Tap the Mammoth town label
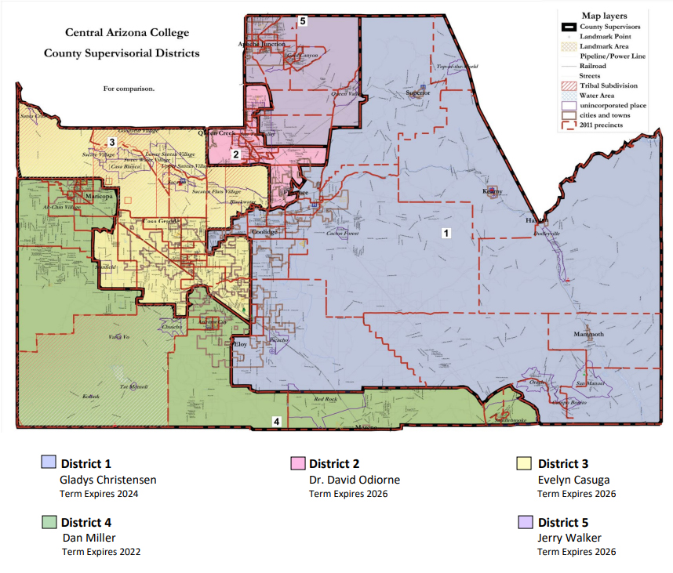click(x=588, y=335)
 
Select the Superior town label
click(x=418, y=92)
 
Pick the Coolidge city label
click(x=264, y=233)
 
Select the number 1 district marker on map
click(x=446, y=233)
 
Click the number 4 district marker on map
click(x=275, y=422)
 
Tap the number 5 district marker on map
click(x=303, y=21)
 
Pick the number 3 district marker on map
click(x=112, y=142)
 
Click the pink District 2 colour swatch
click(x=297, y=463)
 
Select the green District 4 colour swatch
click(x=49, y=521)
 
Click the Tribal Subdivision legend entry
click(x=609, y=85)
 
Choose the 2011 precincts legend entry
click(x=602, y=124)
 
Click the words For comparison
click(x=129, y=89)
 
